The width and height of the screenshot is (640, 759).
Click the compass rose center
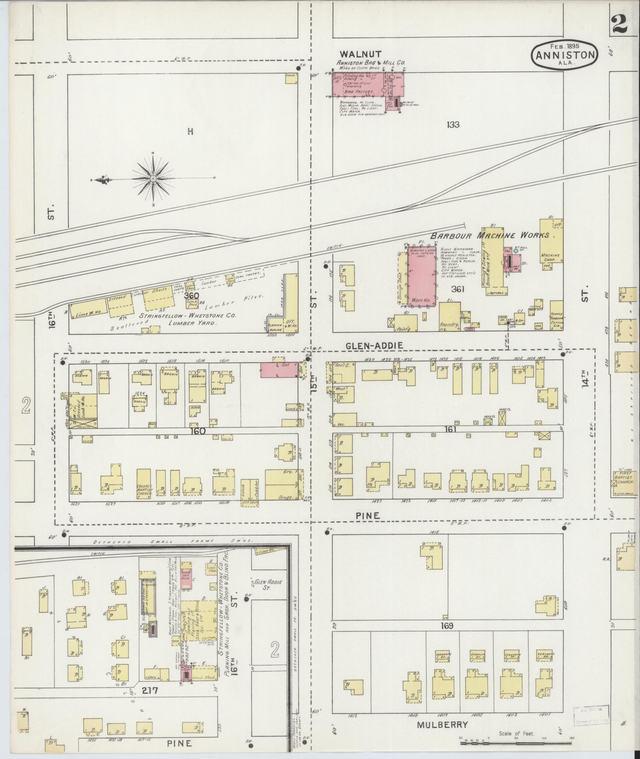[x=153, y=179]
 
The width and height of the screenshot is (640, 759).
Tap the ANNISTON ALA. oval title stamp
[x=565, y=56]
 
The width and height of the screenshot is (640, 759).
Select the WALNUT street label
[x=361, y=54]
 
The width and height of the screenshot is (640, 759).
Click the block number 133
[x=452, y=125]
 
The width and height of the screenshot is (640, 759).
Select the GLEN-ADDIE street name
[x=374, y=346]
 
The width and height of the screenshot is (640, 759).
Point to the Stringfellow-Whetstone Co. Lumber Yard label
[x=187, y=320]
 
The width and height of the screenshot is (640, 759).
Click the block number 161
[x=450, y=429]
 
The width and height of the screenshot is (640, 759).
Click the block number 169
[x=446, y=626]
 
